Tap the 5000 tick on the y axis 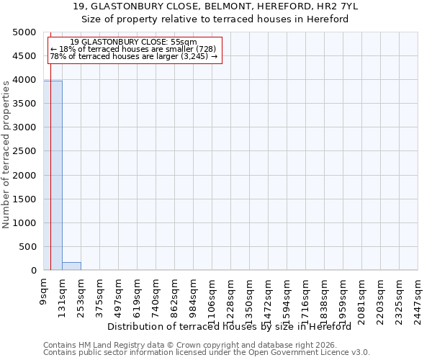(27, 32)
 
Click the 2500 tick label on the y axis (27, 152)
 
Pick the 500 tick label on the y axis (30, 247)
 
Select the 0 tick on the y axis (34, 271)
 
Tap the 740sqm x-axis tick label (156, 295)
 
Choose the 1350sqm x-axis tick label (249, 297)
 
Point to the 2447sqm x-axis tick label (418, 297)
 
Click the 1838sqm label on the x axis (324, 297)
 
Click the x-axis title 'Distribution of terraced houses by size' (233, 326)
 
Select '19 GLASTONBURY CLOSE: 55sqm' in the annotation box (133, 42)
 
